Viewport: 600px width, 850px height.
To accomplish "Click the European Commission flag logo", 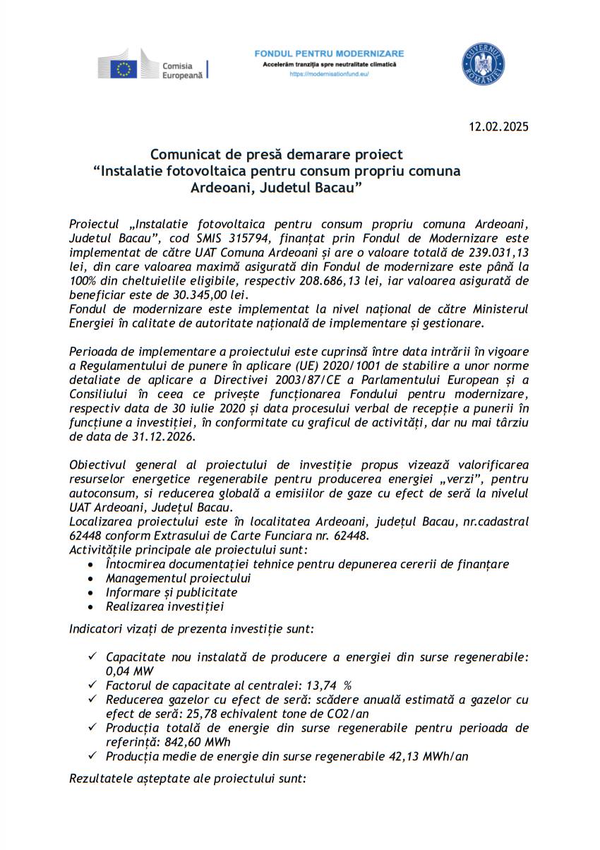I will click(125, 68).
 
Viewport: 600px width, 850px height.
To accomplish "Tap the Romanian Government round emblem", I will click(483, 63).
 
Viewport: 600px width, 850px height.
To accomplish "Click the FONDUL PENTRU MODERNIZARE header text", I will click(329, 54).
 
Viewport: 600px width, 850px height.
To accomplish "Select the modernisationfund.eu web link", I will click(329, 73).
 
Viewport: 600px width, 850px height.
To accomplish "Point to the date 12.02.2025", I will click(498, 127).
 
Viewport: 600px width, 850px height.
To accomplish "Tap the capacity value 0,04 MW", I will click(130, 671).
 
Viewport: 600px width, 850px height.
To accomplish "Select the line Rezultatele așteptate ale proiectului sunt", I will click(188, 779).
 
